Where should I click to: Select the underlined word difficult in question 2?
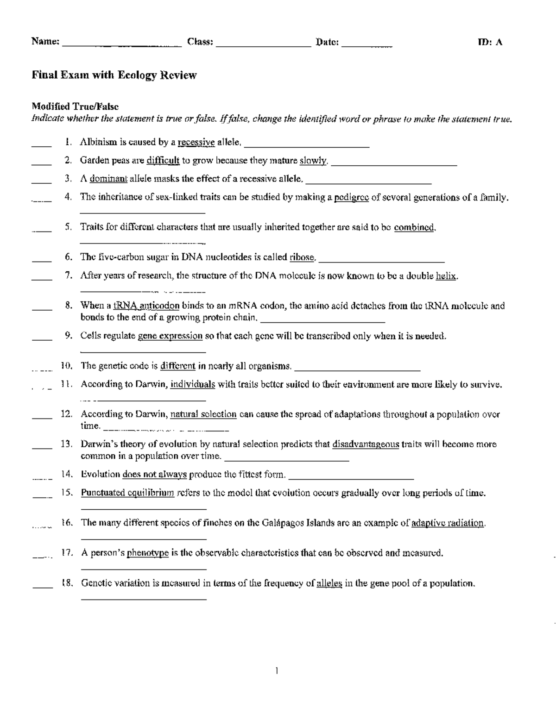(x=163, y=161)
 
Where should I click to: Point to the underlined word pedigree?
(x=351, y=197)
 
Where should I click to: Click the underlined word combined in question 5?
(x=414, y=227)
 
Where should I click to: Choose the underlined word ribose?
(x=303, y=257)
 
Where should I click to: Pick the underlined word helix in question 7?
(x=446, y=276)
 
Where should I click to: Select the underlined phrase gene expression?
(x=170, y=336)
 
